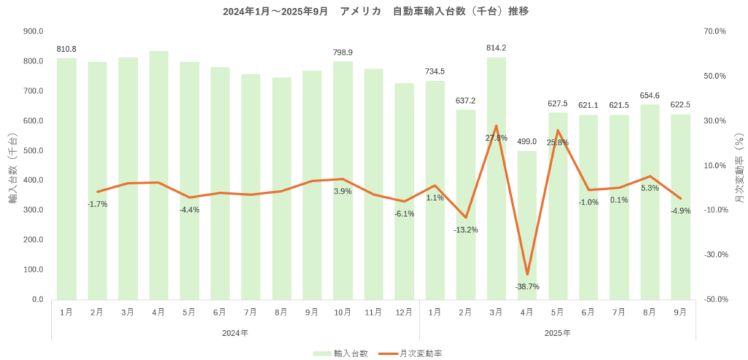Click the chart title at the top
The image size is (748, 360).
373,11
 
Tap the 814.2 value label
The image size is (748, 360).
496,48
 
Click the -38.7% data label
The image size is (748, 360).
526,287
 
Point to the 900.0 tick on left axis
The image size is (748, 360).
34,31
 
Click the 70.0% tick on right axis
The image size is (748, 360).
714,31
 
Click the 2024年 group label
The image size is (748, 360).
234,333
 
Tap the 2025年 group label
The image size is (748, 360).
557,333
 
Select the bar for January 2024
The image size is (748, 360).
66,178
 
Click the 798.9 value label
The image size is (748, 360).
343,53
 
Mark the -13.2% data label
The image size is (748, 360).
465,230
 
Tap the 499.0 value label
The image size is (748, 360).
527,142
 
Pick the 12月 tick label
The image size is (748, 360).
404,312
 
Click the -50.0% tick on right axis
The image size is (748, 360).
714,299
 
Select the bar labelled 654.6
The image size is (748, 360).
649,202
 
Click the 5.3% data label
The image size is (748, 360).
649,188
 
